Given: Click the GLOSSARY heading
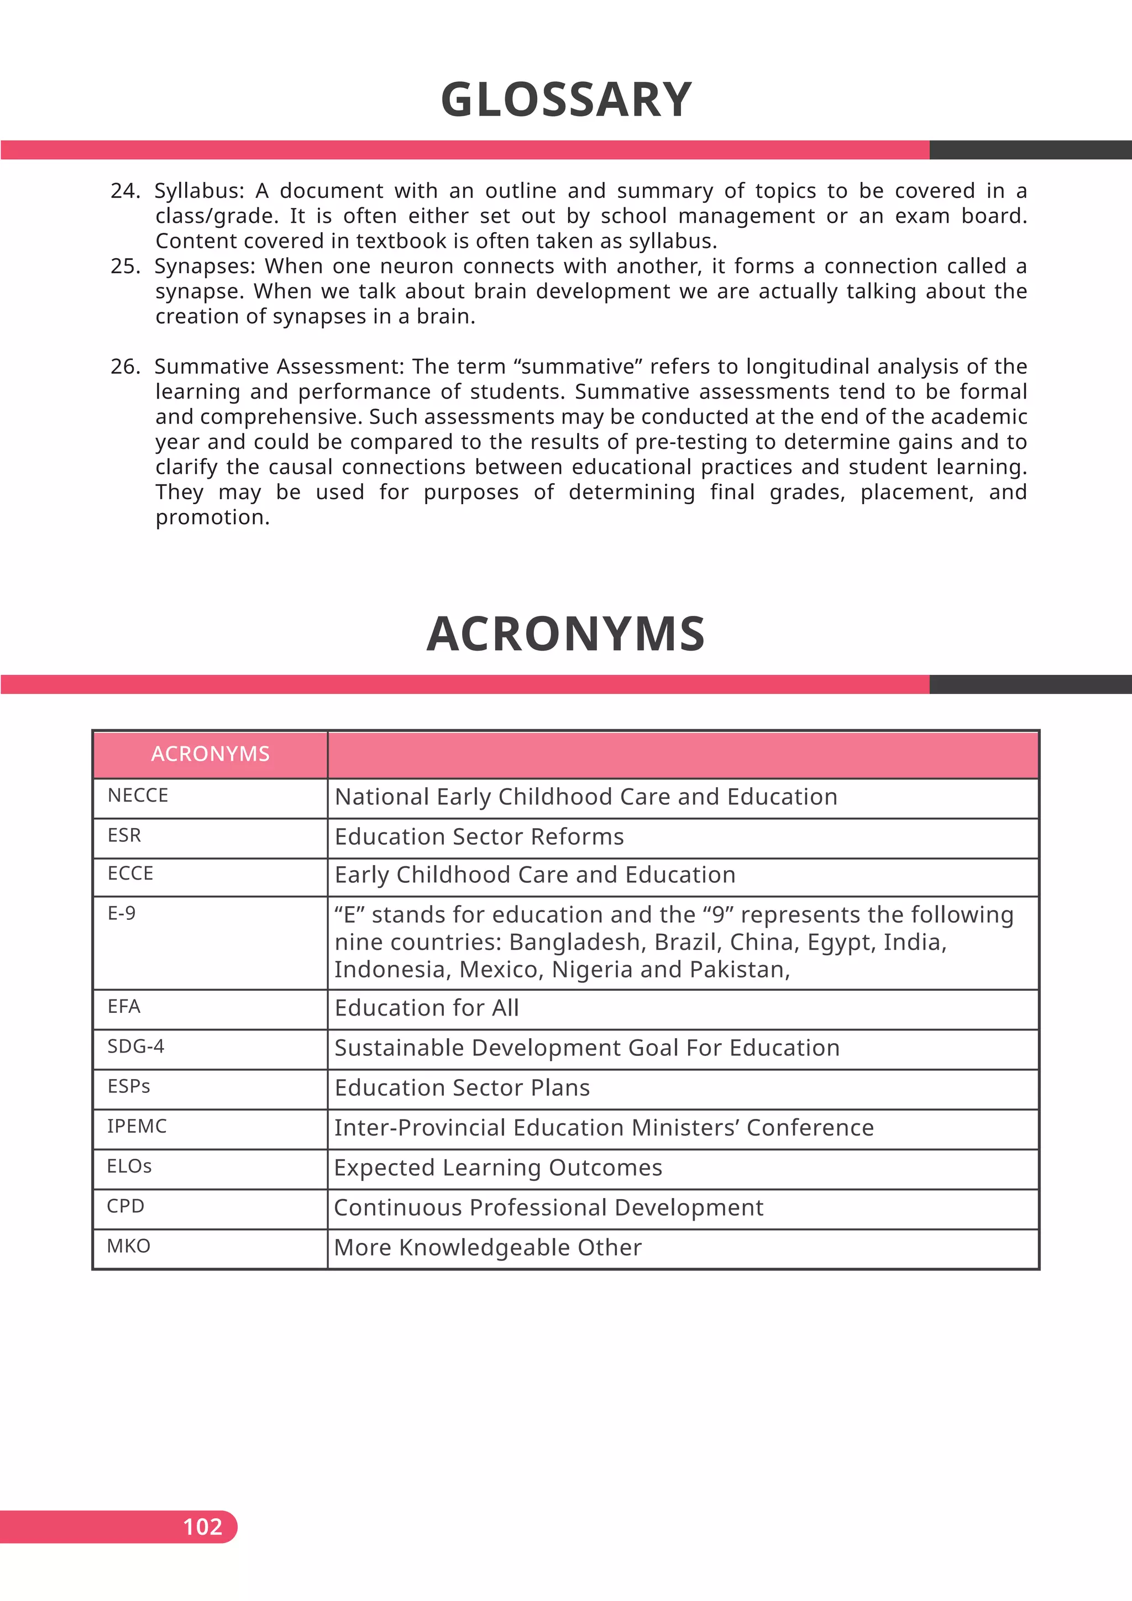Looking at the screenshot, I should point(566,100).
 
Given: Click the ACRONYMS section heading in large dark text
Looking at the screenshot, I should point(566,634).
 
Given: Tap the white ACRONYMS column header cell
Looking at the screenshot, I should point(210,754).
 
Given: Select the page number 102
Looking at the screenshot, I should point(202,1526).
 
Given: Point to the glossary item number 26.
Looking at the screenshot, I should point(125,367).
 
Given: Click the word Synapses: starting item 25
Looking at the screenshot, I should point(206,266).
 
